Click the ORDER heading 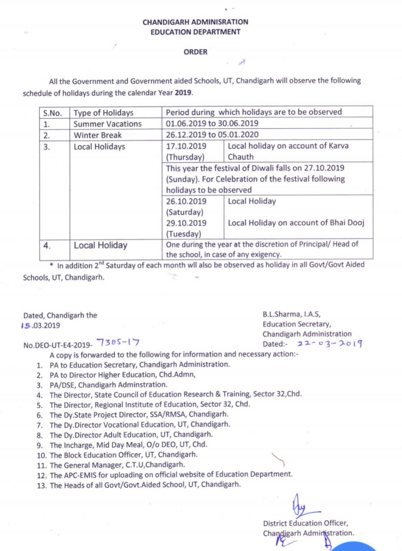tap(195, 52)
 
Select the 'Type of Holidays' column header tap(103, 113)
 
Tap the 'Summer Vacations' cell tap(108, 124)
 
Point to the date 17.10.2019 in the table tap(186, 146)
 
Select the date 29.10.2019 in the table tap(186, 223)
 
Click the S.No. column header tap(53, 113)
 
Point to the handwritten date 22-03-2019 tap(329, 344)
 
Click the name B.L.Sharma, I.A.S tap(291, 314)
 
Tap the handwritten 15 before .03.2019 tap(26, 325)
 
